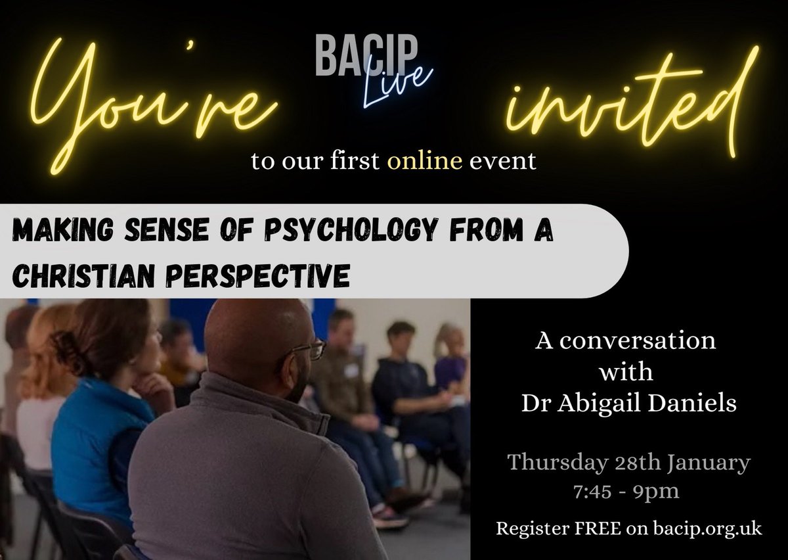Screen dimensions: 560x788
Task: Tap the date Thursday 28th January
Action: (629, 464)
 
